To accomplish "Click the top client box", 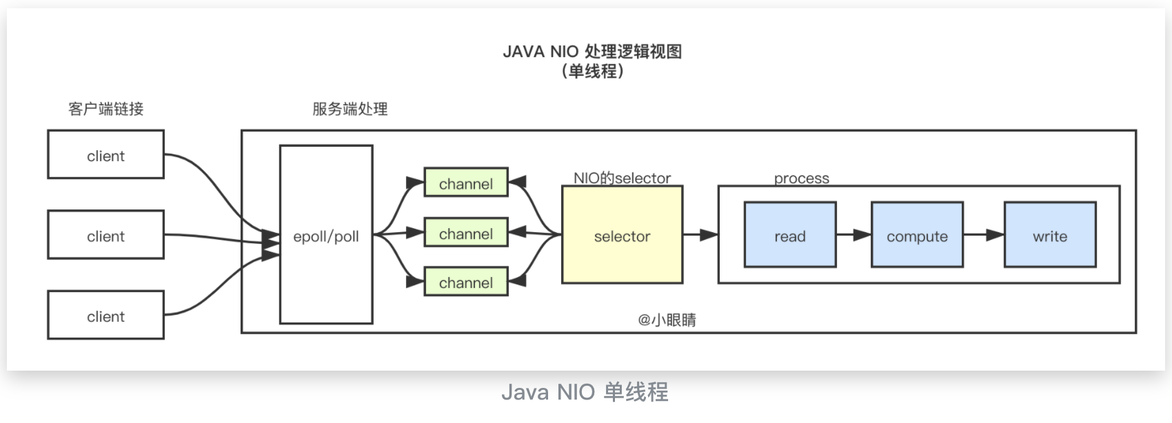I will pos(105,155).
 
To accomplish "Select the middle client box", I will pos(105,236).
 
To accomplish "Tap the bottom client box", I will pos(105,316).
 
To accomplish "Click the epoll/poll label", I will pos(326,236).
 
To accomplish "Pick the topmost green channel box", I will pos(466,183).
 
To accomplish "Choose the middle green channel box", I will pos(466,234).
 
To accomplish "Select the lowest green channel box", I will pos(466,282).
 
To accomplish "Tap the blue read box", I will pos(790,236).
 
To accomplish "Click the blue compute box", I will pos(917,236).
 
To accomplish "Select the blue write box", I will pos(1050,236).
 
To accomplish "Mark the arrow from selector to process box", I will pos(700,235).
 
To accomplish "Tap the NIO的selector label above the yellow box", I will pos(622,178).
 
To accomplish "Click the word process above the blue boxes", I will pos(801,178).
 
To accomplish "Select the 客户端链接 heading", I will pos(106,109).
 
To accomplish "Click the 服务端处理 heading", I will pos(350,109).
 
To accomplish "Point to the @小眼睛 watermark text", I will pos(667,320).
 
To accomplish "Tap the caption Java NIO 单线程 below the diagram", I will pos(585,392).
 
